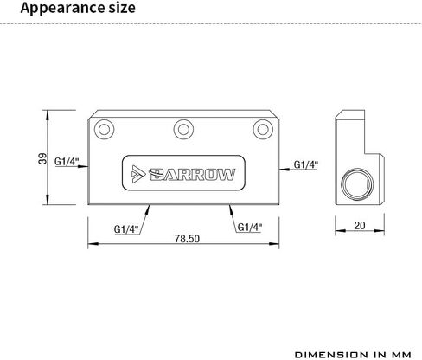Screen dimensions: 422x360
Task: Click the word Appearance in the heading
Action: [x=62, y=9]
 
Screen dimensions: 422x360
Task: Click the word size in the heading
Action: [x=122, y=8]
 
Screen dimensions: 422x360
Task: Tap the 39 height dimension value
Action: [x=42, y=158]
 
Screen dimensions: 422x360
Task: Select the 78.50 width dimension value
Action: [x=187, y=239]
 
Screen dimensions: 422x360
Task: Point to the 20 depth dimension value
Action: [x=360, y=225]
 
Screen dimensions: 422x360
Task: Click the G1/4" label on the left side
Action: [x=67, y=161]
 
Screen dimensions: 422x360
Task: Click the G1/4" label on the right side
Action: [x=306, y=164]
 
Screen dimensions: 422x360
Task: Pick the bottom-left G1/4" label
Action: [x=126, y=229]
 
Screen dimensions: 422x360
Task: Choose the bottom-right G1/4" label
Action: [x=250, y=228]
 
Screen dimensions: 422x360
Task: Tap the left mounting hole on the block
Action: [x=104, y=130]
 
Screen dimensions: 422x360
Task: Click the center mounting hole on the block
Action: [x=183, y=130]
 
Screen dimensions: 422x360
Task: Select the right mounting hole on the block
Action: [x=263, y=130]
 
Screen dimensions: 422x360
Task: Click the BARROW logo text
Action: [x=192, y=174]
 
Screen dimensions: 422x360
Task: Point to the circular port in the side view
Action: [x=357, y=184]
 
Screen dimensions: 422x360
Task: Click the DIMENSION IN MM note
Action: [x=353, y=355]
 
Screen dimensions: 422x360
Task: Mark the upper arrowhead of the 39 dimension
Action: [x=48, y=115]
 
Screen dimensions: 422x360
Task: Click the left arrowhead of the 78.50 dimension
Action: [x=93, y=244]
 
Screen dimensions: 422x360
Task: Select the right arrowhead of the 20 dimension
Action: [x=379, y=230]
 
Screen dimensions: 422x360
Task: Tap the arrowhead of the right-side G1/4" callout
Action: [x=285, y=170]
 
